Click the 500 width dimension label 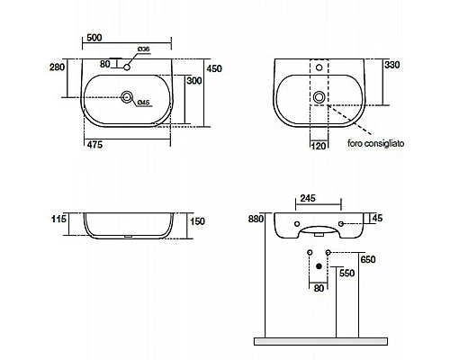point(94,38)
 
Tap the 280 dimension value point(57,67)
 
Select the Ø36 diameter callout point(143,49)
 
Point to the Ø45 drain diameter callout point(143,103)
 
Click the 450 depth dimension point(214,68)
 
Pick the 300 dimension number point(194,81)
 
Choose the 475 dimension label point(94,145)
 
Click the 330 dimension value point(392,65)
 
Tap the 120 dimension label point(319,146)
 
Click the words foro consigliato point(376,143)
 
